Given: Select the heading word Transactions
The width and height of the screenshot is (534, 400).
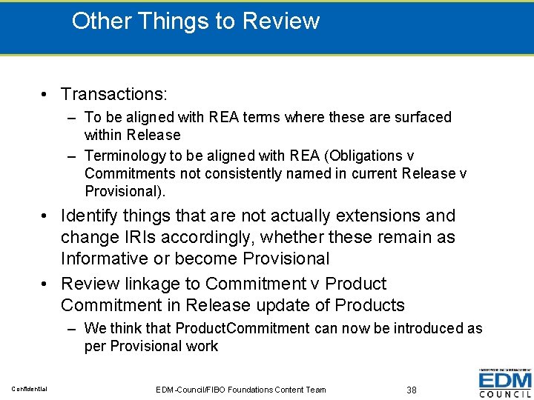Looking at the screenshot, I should click(x=114, y=94).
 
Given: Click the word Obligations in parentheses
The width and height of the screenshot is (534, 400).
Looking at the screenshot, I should click(x=366, y=156).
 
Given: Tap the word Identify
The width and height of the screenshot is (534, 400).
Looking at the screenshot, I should click(x=92, y=216).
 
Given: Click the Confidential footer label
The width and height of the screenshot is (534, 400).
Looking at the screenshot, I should click(x=30, y=389).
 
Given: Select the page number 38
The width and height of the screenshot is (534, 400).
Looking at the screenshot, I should click(x=412, y=390).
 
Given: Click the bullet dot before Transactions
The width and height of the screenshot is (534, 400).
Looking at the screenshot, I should click(x=46, y=95).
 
